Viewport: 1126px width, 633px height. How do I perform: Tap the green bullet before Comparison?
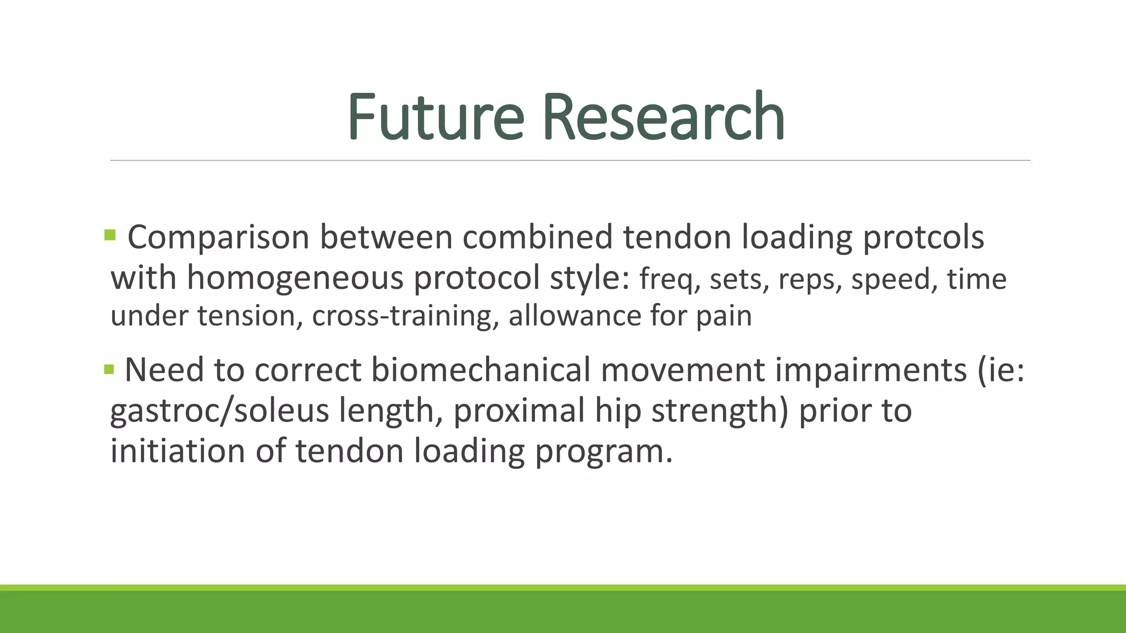pos(110,236)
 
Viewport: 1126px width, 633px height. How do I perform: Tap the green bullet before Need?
pos(109,369)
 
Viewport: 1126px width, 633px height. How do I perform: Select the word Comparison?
pos(218,238)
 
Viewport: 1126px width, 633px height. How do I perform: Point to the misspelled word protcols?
pos(923,238)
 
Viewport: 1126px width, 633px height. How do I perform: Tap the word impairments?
pos(870,370)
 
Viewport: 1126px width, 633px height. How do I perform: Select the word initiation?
pos(177,451)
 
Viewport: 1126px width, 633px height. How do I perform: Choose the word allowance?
pos(574,316)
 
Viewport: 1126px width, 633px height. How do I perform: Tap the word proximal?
pos(518,411)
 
